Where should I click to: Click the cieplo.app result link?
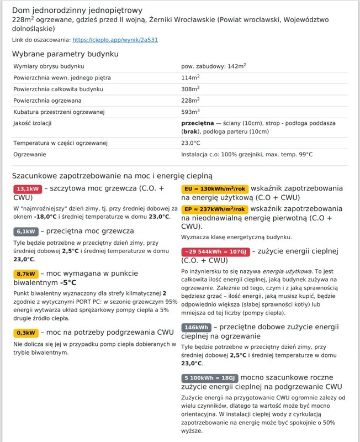point(115,40)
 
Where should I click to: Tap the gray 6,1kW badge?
point(26,231)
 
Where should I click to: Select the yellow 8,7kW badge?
point(26,274)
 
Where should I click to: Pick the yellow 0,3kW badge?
point(26,333)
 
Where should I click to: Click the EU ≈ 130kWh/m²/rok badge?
point(215,188)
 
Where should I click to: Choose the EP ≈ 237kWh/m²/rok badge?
point(215,209)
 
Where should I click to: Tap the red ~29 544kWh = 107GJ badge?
point(215,251)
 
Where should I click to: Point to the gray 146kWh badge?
point(196,327)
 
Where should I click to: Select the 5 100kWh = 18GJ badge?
point(209,378)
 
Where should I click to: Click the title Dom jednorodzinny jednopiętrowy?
point(77,10)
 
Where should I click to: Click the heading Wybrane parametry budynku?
point(65,54)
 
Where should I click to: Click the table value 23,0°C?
point(190,144)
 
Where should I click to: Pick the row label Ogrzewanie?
point(30,155)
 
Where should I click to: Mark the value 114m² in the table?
point(190,78)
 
